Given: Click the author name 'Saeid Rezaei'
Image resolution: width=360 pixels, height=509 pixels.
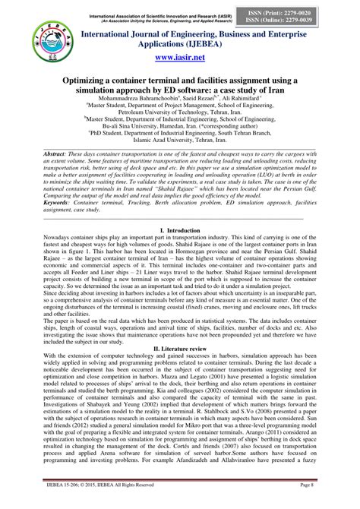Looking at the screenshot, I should point(190,99).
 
